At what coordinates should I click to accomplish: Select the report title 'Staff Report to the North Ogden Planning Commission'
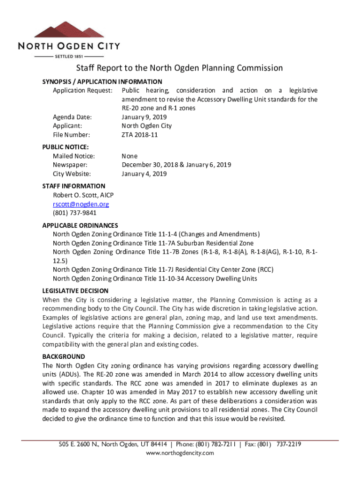tap(180, 68)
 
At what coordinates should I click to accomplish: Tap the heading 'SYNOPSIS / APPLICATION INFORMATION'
tap(102, 81)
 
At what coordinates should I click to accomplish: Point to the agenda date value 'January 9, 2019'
tap(144, 117)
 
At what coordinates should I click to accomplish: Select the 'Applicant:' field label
tap(68, 126)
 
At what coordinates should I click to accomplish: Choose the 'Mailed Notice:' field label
tap(74, 156)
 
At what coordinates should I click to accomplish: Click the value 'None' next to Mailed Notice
tap(130, 156)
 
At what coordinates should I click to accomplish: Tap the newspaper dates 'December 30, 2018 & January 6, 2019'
tap(176, 165)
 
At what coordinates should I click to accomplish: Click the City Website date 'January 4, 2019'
tap(144, 174)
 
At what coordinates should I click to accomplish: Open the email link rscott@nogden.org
tap(80, 204)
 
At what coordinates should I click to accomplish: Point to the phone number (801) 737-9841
tap(75, 213)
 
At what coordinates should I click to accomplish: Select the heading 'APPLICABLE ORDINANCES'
tap(80, 225)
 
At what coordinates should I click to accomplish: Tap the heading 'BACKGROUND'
tap(64, 356)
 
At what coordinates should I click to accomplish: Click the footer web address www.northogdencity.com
tap(180, 453)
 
